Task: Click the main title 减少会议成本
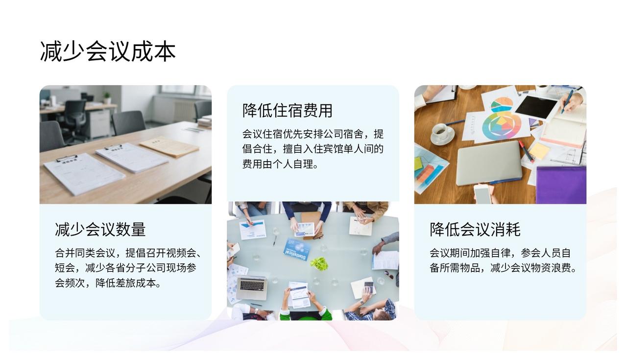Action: (108, 51)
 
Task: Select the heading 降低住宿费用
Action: (288, 110)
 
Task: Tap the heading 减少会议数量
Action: (100, 230)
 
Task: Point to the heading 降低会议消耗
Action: (475, 230)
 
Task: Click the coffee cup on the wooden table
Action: (443, 133)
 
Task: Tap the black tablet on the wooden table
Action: (536, 108)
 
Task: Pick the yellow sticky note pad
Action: (539, 151)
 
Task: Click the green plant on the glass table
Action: (319, 264)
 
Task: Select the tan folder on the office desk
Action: (169, 146)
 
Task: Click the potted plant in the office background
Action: (107, 98)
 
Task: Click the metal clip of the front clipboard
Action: (67, 159)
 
